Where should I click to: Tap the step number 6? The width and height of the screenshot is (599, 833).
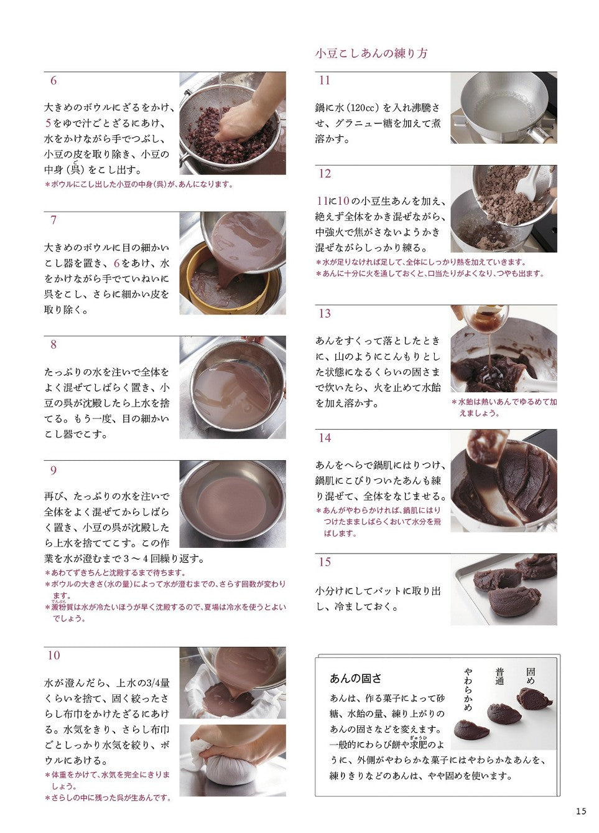pyautogui.click(x=53, y=81)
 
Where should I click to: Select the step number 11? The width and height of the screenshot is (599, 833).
pyautogui.click(x=325, y=81)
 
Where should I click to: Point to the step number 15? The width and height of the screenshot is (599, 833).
pyautogui.click(x=325, y=562)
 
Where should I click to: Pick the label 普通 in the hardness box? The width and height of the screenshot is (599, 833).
pyautogui.click(x=499, y=676)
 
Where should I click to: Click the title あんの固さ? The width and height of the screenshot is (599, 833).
pyautogui.click(x=355, y=679)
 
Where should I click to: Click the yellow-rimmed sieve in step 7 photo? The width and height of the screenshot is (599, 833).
pyautogui.click(x=226, y=283)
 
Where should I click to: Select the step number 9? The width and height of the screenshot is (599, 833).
pyautogui.click(x=53, y=471)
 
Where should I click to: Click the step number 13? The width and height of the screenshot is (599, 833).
pyautogui.click(x=325, y=314)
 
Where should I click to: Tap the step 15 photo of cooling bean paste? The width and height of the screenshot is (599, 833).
pyautogui.click(x=503, y=590)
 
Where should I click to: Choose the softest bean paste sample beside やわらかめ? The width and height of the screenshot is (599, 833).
pyautogui.click(x=471, y=730)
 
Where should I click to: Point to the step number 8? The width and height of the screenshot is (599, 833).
pyautogui.click(x=53, y=345)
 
